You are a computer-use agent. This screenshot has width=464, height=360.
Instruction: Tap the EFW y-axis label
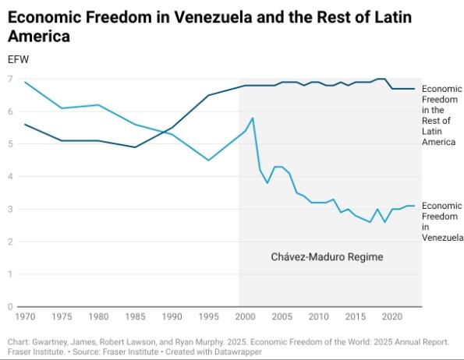coord(17,59)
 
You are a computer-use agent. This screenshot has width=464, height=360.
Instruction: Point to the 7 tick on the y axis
coord(10,79)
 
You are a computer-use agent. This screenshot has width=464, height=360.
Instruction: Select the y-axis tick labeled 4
coord(10,177)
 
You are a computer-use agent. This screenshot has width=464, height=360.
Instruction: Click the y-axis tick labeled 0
coord(10,307)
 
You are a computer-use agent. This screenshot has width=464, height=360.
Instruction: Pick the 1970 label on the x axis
coord(26,317)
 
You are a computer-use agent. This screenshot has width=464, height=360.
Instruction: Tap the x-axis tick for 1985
coord(136,317)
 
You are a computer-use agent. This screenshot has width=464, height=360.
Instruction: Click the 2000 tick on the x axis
coord(246,317)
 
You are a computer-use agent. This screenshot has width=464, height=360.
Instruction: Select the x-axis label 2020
coord(392,317)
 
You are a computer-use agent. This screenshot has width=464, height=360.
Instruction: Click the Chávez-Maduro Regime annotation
coord(327,256)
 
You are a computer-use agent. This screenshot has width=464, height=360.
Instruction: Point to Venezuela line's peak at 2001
coord(253,118)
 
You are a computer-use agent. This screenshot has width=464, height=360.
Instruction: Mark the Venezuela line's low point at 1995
coord(208,161)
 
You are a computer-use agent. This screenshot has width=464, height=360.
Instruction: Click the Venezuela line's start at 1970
coord(26,83)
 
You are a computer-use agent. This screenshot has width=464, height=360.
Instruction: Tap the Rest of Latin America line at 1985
coord(136,147)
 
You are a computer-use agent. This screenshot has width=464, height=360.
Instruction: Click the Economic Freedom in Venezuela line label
coord(441,221)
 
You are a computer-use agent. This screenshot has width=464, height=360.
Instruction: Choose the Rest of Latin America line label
coord(441,115)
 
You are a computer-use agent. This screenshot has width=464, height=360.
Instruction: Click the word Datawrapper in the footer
coord(236,352)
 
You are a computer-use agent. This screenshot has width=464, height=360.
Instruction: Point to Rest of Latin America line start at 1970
coord(26,125)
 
